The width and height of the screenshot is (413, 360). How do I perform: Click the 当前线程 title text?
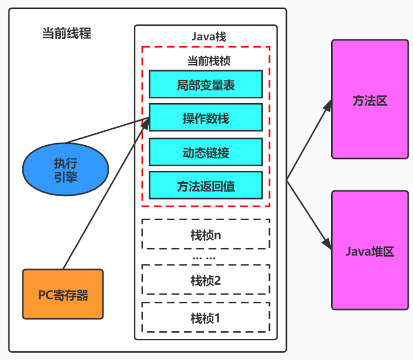[66, 33]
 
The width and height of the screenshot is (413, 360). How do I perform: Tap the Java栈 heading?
[208, 37]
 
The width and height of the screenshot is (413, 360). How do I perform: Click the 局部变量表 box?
[205, 84]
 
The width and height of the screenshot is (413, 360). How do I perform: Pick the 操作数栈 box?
[205, 118]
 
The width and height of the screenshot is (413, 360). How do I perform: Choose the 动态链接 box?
[205, 152]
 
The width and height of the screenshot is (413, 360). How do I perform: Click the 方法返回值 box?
[205, 185]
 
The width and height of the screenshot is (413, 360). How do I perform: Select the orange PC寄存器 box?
[63, 294]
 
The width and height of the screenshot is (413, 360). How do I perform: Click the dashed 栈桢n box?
[205, 234]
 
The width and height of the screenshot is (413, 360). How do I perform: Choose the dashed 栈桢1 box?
[205, 317]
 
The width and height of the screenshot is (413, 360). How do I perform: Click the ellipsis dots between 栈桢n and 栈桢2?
[204, 258]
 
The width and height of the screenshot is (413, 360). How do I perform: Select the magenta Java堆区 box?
[370, 251]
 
